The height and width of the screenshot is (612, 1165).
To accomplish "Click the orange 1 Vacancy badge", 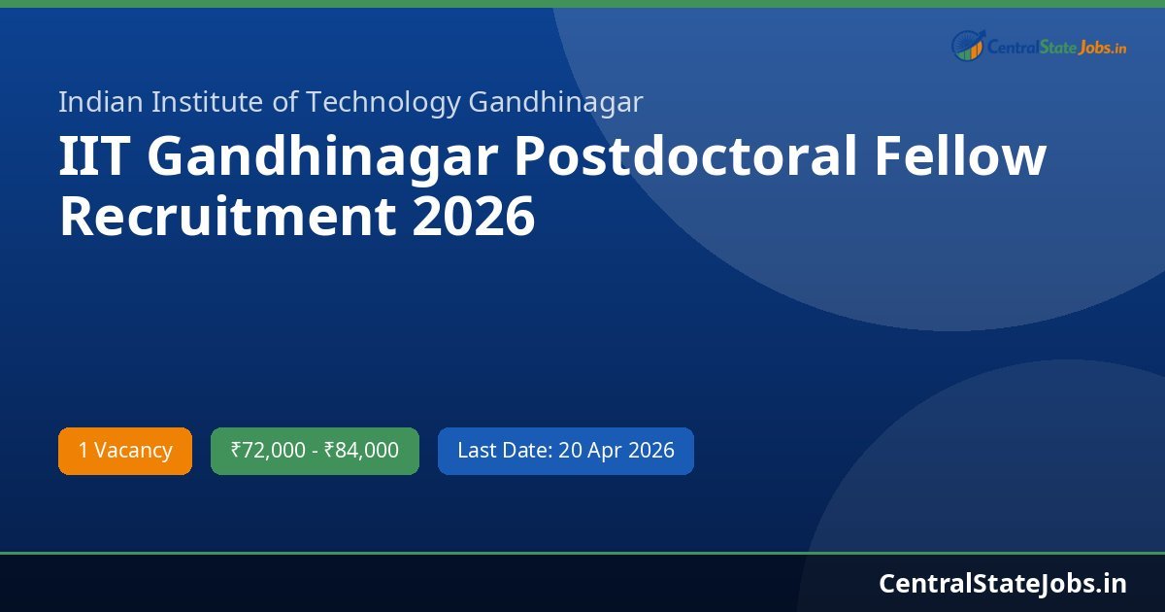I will [x=125, y=451].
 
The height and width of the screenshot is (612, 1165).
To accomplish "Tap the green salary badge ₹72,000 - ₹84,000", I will [x=315, y=451].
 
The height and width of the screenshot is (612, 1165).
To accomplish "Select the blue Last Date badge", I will [x=565, y=451].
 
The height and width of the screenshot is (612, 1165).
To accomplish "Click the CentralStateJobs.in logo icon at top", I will [x=967, y=45].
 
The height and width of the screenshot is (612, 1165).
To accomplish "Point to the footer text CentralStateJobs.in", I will [x=1003, y=583].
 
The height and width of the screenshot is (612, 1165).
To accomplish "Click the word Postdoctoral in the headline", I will [x=685, y=158].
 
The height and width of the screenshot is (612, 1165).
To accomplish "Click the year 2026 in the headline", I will [x=474, y=217].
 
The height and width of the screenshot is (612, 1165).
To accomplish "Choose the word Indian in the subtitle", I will [x=94, y=102].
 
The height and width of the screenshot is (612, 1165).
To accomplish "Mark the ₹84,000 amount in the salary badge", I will [x=361, y=451].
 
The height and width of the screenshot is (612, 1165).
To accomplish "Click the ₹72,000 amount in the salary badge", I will [x=268, y=451].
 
